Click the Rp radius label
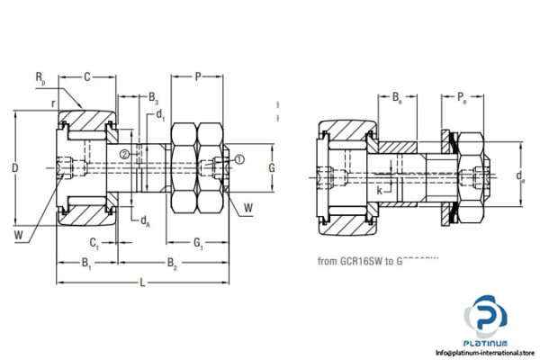[x=40, y=80]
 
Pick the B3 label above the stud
[x=154, y=96]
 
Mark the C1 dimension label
[x=94, y=242]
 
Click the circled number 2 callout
[x=124, y=154]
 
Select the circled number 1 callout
[x=240, y=159]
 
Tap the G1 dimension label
[x=199, y=242]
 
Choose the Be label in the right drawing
[x=397, y=95]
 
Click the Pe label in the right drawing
[x=461, y=95]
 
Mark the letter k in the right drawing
[x=379, y=191]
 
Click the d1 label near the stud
[x=160, y=114]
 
